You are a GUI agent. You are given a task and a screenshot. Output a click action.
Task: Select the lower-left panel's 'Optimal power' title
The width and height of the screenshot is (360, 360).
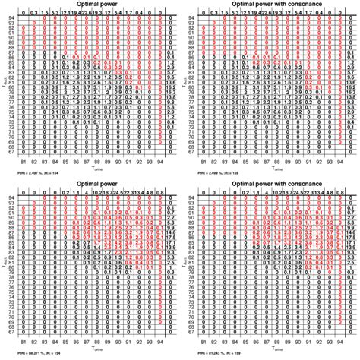[88, 185]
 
